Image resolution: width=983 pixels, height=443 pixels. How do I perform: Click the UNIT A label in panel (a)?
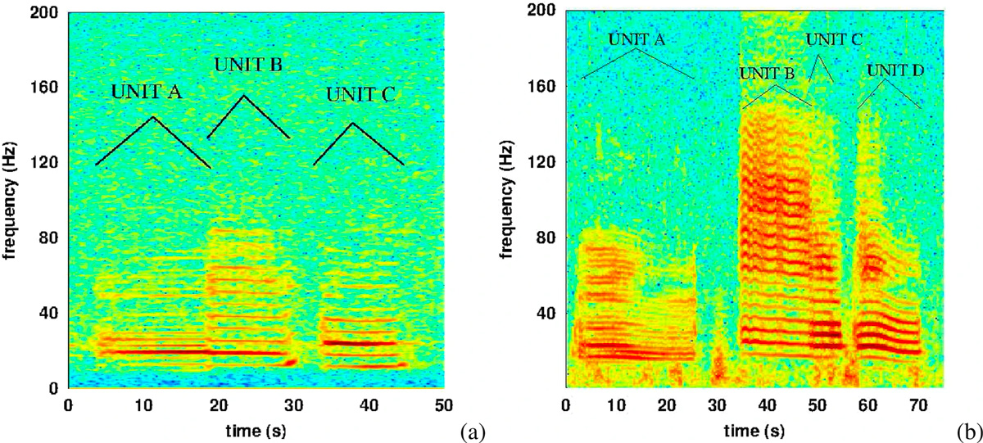pyautogui.click(x=146, y=93)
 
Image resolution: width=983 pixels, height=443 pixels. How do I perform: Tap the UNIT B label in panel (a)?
pyautogui.click(x=248, y=65)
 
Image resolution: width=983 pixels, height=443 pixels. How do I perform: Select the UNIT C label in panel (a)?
pyautogui.click(x=360, y=94)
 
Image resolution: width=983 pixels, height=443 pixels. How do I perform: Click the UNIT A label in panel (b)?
pyautogui.click(x=639, y=39)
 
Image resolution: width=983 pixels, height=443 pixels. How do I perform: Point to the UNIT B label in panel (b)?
pyautogui.click(x=767, y=74)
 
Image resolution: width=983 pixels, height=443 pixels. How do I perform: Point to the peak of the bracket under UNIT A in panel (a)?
pyautogui.click(x=153, y=117)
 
